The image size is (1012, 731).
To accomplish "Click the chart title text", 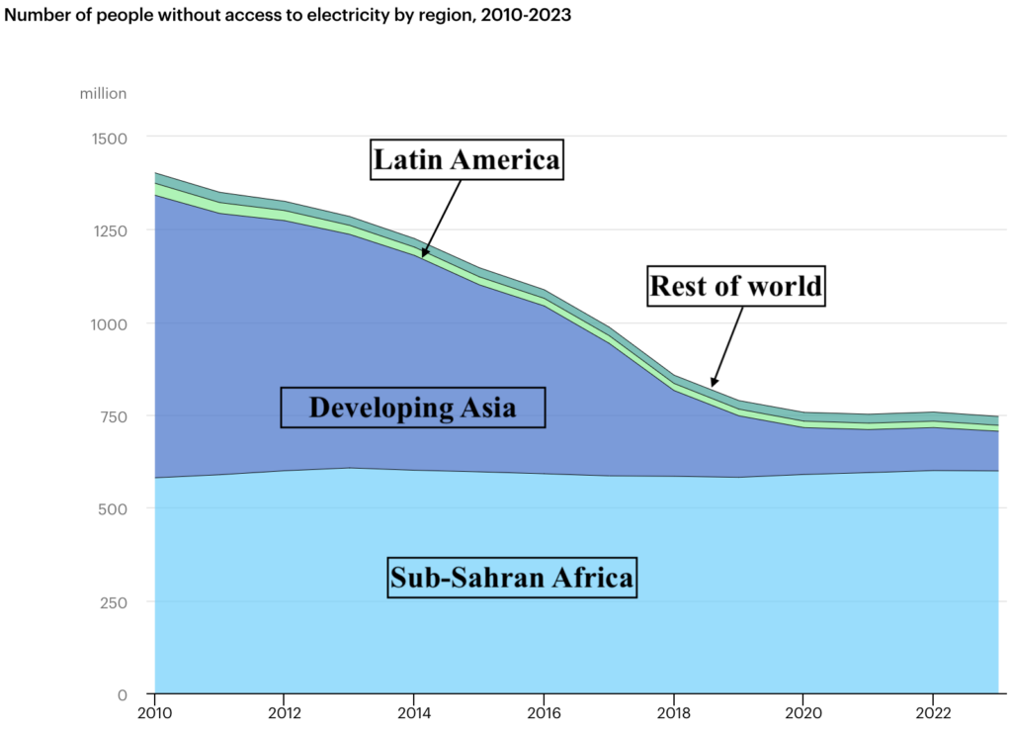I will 288,16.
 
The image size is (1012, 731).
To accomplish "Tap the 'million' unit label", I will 103,93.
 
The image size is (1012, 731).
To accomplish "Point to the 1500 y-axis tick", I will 108,137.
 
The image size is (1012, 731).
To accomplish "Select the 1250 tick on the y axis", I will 108,230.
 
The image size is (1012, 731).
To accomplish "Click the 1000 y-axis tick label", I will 108,323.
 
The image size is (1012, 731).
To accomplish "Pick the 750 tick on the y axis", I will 112,416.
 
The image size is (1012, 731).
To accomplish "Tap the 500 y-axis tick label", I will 112,508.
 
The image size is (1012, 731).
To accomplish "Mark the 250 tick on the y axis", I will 112,601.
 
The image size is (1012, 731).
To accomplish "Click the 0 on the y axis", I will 123,694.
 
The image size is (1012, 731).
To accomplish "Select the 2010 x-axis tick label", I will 154,714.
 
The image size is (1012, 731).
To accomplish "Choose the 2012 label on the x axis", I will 284,714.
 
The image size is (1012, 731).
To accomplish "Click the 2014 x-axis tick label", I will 413,714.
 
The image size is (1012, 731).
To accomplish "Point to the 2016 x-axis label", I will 543,714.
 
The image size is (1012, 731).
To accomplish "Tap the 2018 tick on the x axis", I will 673,714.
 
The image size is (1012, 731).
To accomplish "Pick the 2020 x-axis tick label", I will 802,714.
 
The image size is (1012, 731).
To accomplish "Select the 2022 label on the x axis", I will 932,714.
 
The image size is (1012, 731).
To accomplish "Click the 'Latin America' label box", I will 466,159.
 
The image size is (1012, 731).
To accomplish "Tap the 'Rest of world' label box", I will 735,286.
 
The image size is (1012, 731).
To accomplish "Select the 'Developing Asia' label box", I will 413,407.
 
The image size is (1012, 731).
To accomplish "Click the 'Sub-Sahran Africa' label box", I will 511,577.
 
